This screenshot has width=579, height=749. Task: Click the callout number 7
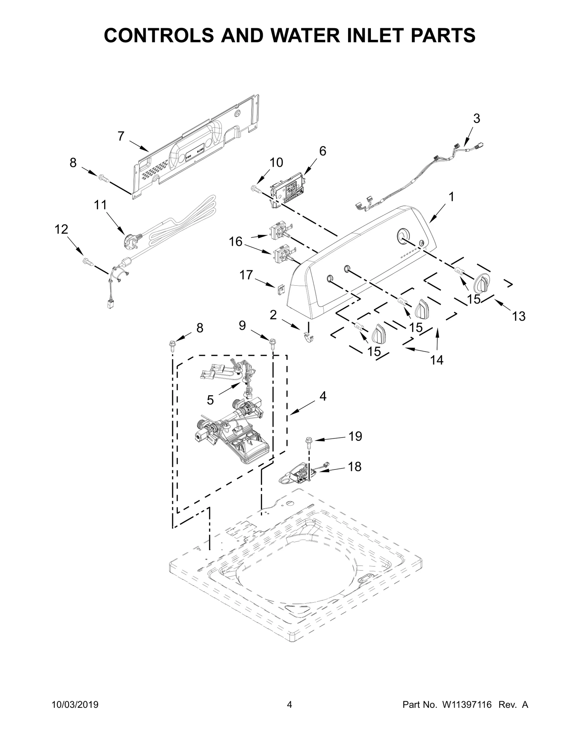pos(121,136)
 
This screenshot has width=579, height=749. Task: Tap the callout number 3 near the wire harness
pos(477,118)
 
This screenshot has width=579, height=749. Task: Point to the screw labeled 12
pos(88,261)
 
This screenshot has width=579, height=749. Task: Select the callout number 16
pos(236,242)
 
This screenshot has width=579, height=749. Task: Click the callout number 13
pos(519,316)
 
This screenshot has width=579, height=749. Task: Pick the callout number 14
pos(437,360)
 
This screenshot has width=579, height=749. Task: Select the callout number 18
pos(355,467)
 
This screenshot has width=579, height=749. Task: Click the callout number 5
pos(210,400)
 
